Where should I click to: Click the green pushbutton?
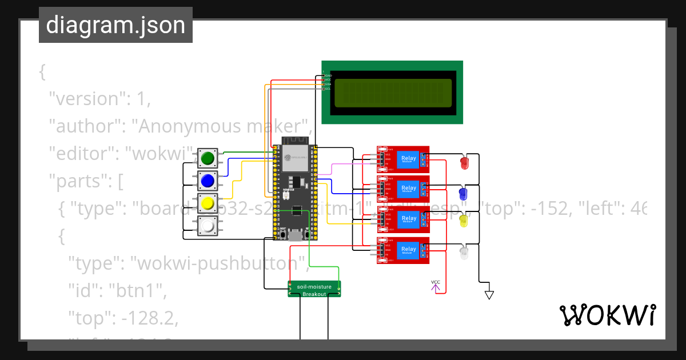208,158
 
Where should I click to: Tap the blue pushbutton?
208,181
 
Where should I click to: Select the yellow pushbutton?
208,203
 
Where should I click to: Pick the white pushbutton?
208,226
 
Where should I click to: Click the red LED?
465,163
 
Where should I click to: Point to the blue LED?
464,193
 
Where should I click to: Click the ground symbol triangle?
489,295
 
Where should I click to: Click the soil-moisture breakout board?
314,289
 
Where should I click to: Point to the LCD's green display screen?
392,93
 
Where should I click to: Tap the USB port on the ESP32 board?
295,236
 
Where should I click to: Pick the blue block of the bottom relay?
409,250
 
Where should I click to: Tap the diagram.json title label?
115,25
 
